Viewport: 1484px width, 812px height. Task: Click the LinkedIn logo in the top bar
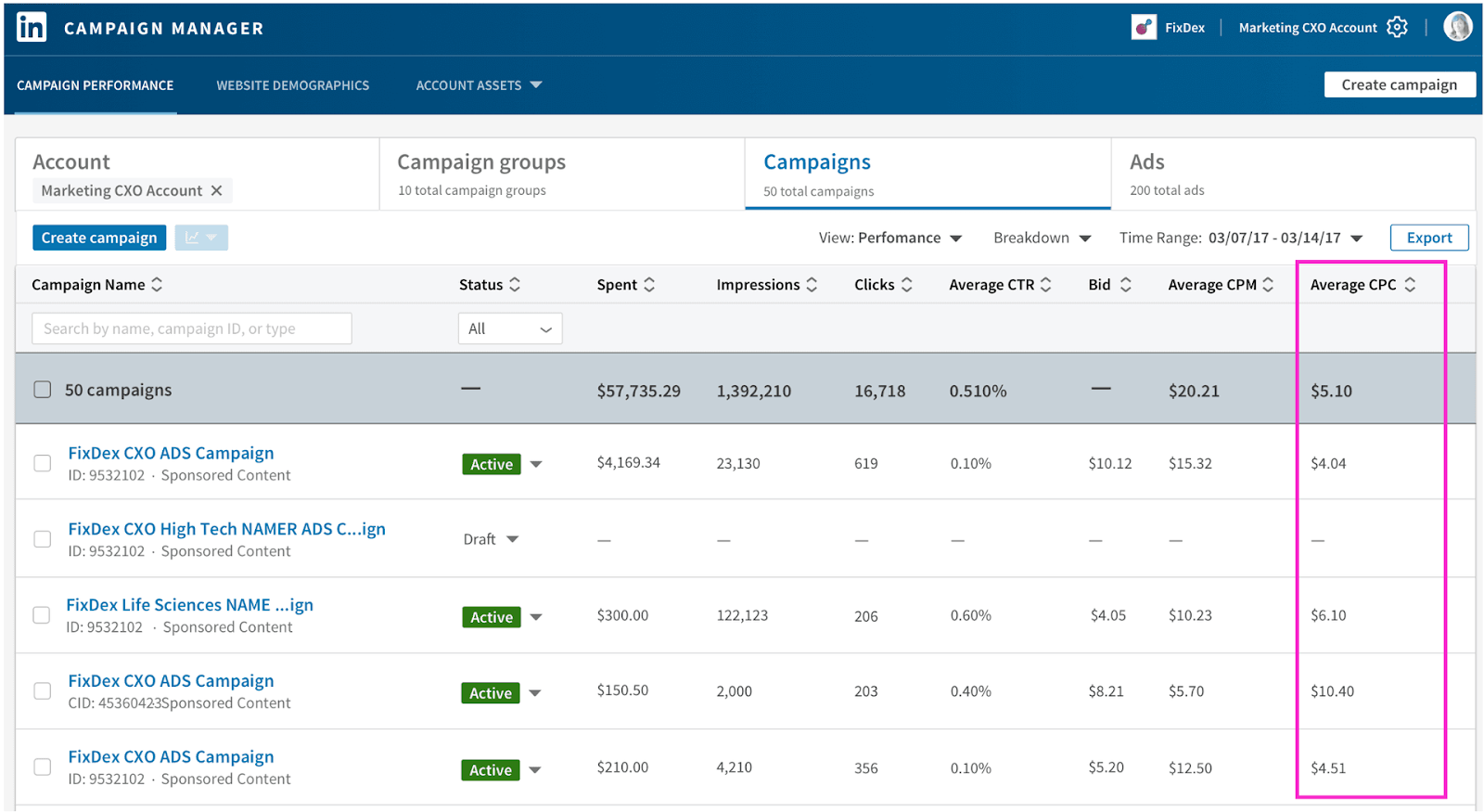tap(32, 27)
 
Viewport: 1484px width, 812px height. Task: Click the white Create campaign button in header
tap(1399, 84)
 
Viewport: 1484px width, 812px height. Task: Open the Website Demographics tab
tap(292, 85)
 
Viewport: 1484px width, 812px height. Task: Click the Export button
tap(1428, 238)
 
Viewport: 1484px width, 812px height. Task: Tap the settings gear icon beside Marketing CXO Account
tap(1397, 27)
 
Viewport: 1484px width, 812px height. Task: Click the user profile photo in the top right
tap(1457, 27)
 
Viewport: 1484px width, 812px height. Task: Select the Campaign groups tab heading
tap(481, 162)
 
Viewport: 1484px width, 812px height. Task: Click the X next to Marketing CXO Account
tap(217, 190)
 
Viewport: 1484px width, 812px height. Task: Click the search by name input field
tap(191, 329)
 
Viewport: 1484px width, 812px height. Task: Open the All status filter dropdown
tap(509, 329)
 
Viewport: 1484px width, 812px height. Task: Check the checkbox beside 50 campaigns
tap(43, 390)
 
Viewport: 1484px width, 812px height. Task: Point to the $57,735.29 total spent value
tap(638, 391)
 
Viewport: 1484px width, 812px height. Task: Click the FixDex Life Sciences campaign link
tap(189, 605)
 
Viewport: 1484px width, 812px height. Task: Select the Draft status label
tap(480, 539)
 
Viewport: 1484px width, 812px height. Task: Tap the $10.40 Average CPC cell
tap(1332, 691)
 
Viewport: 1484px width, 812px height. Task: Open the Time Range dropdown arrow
tap(1357, 238)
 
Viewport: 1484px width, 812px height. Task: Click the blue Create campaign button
tap(99, 238)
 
